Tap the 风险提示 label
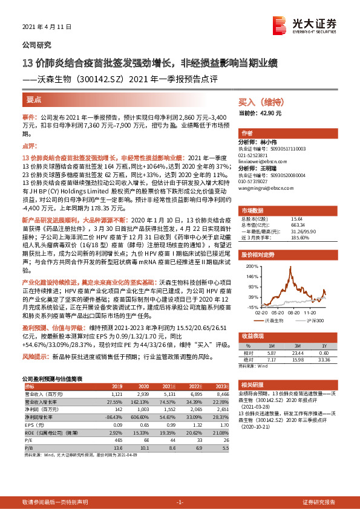(x=34, y=358)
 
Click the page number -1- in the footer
(x=179, y=502)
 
